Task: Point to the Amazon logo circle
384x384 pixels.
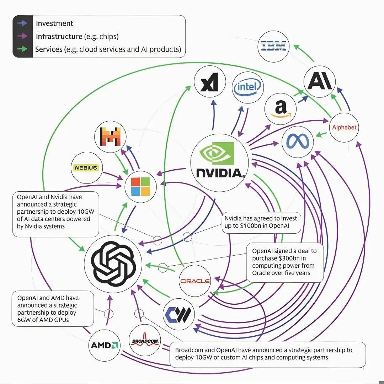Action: click(281, 108)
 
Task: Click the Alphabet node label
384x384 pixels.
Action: click(344, 127)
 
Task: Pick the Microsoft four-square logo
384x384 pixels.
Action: click(141, 187)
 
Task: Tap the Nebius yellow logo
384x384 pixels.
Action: click(85, 167)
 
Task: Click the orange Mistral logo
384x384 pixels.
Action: click(111, 136)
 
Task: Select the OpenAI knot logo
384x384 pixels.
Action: click(113, 263)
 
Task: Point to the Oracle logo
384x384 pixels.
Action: click(195, 281)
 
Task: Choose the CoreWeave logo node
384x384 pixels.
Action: click(179, 313)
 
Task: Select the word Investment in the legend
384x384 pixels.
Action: click(54, 23)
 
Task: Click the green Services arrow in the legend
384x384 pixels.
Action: click(22, 49)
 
